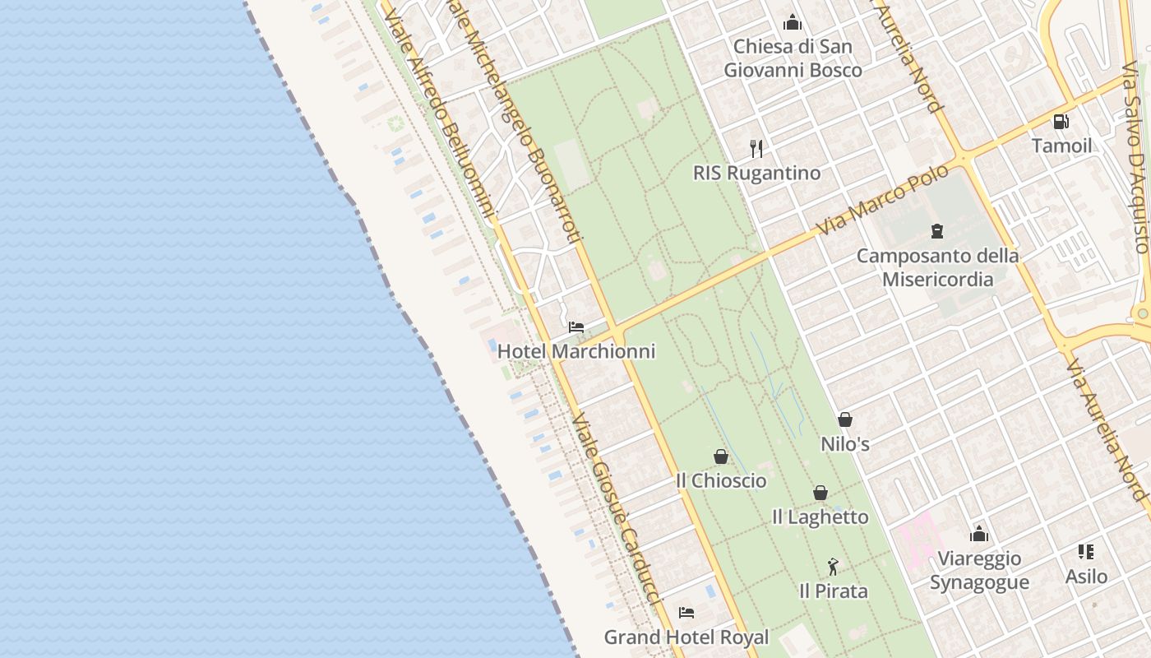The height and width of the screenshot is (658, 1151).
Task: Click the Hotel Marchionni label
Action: [x=576, y=351]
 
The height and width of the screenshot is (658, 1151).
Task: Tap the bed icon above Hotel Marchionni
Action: [x=576, y=327]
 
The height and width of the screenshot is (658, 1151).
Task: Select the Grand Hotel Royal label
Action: [x=686, y=637]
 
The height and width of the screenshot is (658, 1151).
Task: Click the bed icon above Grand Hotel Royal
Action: [x=686, y=613]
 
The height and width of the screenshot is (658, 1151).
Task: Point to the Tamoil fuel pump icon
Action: [x=1061, y=122]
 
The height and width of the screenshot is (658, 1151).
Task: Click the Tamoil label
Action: [x=1061, y=146]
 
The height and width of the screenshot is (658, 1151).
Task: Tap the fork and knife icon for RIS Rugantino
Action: [x=756, y=149]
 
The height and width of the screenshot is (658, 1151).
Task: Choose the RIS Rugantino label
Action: [x=756, y=173]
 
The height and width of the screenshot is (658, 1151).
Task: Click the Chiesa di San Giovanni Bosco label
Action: [x=793, y=58]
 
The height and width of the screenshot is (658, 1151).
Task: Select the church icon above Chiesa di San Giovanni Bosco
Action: [x=793, y=22]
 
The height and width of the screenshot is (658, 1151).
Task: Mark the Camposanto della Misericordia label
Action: [x=937, y=267]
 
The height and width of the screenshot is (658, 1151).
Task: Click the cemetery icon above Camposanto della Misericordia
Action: [x=936, y=231]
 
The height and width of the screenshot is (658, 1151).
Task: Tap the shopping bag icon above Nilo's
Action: [x=845, y=419]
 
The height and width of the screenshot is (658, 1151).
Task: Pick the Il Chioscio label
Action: [x=721, y=480]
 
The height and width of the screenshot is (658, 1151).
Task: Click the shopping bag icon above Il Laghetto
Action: [x=820, y=493]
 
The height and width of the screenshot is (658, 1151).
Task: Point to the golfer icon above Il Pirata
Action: [x=833, y=567]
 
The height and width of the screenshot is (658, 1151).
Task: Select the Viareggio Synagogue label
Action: [x=978, y=570]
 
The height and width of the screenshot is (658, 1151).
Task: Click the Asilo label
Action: [x=1086, y=576]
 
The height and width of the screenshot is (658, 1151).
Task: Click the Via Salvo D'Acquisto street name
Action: [x=1135, y=148]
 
